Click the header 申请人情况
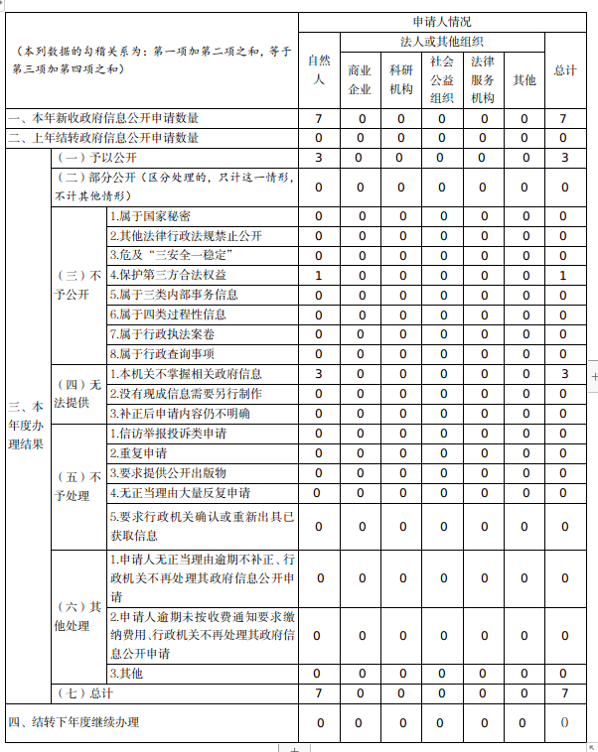click(x=441, y=21)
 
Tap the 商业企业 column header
click(x=360, y=79)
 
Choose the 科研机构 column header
click(x=400, y=79)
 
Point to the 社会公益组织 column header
click(x=441, y=79)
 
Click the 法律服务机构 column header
click(x=483, y=79)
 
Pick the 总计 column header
click(x=564, y=70)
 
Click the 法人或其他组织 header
click(x=441, y=42)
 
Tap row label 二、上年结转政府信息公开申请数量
click(x=104, y=138)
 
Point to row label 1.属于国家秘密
click(x=150, y=216)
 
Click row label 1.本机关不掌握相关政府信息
click(x=186, y=374)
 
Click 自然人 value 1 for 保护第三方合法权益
click(x=318, y=275)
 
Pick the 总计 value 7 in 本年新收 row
click(x=563, y=119)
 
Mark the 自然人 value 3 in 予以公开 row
click(x=318, y=158)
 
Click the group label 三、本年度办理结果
click(x=26, y=425)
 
